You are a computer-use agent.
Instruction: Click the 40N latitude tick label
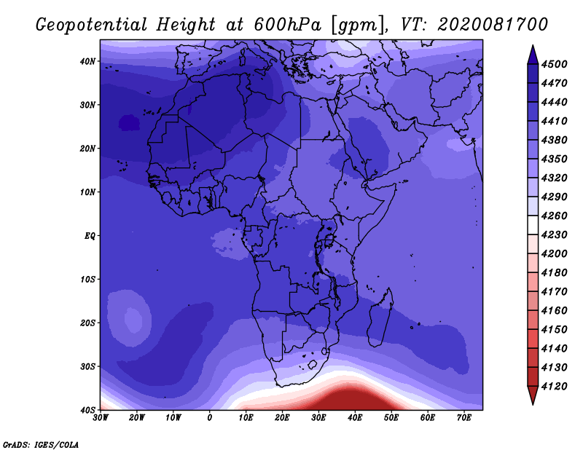(x=87, y=61)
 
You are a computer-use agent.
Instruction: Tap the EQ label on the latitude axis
(x=90, y=236)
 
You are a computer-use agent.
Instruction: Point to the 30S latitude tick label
(x=87, y=367)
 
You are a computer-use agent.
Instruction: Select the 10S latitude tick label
(x=87, y=280)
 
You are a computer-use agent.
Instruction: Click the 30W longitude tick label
(x=101, y=418)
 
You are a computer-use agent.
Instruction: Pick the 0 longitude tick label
(x=210, y=418)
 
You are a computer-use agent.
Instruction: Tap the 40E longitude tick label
(x=355, y=418)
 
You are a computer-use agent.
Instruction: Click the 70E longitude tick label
(x=464, y=418)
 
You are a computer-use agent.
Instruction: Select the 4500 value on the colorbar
(x=555, y=64)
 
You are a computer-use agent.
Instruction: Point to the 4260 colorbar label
(x=555, y=216)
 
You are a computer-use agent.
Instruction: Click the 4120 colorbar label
(x=555, y=387)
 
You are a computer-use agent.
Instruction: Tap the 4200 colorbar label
(x=555, y=254)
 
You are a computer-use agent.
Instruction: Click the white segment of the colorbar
(x=533, y=225)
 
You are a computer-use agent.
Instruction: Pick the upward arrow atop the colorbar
(x=533, y=55)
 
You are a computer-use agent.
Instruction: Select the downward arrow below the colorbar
(x=533, y=395)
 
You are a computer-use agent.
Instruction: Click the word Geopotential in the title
(x=92, y=25)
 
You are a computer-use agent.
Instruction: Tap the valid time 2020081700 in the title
(x=493, y=25)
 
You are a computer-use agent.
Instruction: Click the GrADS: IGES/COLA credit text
(x=41, y=445)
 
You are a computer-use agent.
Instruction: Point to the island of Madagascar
(x=380, y=317)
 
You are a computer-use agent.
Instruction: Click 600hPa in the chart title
(x=288, y=25)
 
